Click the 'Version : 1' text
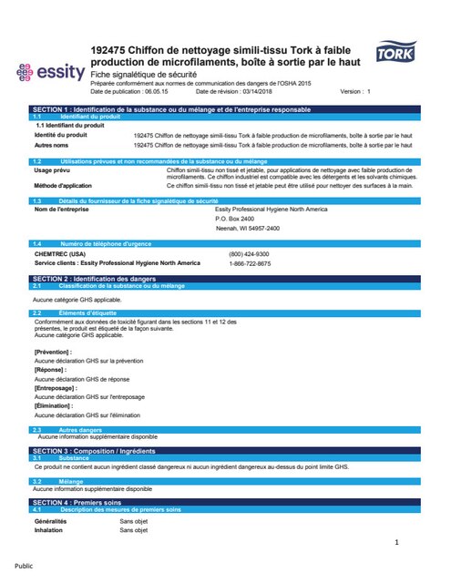click(355, 92)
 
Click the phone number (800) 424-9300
click(249, 253)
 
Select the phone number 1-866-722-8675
click(249, 263)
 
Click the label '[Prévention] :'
click(53, 351)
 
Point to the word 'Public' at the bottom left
click(24, 565)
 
